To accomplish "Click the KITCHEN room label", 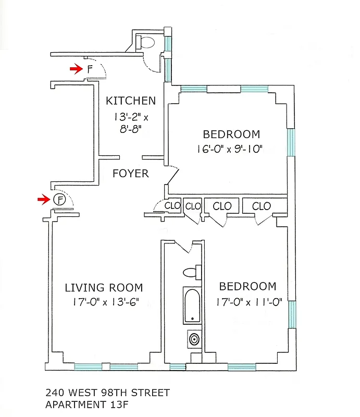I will tap(130, 101).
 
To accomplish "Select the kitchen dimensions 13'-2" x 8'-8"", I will tap(130, 122).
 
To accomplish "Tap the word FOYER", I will tap(130, 174).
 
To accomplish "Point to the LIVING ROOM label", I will tap(104, 288).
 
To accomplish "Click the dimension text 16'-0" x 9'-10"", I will tap(231, 149).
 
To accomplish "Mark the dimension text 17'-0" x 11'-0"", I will tap(247, 301).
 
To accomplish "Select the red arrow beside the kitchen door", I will tap(77, 68).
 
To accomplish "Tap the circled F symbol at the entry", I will tap(60, 199).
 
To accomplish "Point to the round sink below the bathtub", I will tap(193, 339).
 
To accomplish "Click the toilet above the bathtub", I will tap(192, 272).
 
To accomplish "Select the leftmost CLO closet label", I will tap(172, 206).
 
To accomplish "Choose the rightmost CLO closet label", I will tap(261, 206).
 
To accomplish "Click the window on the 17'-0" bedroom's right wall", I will tap(292, 314).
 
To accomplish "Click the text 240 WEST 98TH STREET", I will tap(107, 393).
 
